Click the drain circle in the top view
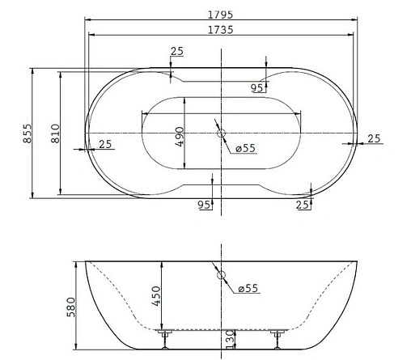(x=221, y=132)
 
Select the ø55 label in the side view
(x=249, y=289)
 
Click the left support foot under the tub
(x=164, y=337)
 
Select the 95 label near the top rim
(x=256, y=87)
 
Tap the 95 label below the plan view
(x=204, y=205)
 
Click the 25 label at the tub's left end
(x=105, y=144)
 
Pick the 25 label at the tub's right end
(x=374, y=138)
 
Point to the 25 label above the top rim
(x=176, y=52)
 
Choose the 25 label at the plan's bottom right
(x=303, y=205)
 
